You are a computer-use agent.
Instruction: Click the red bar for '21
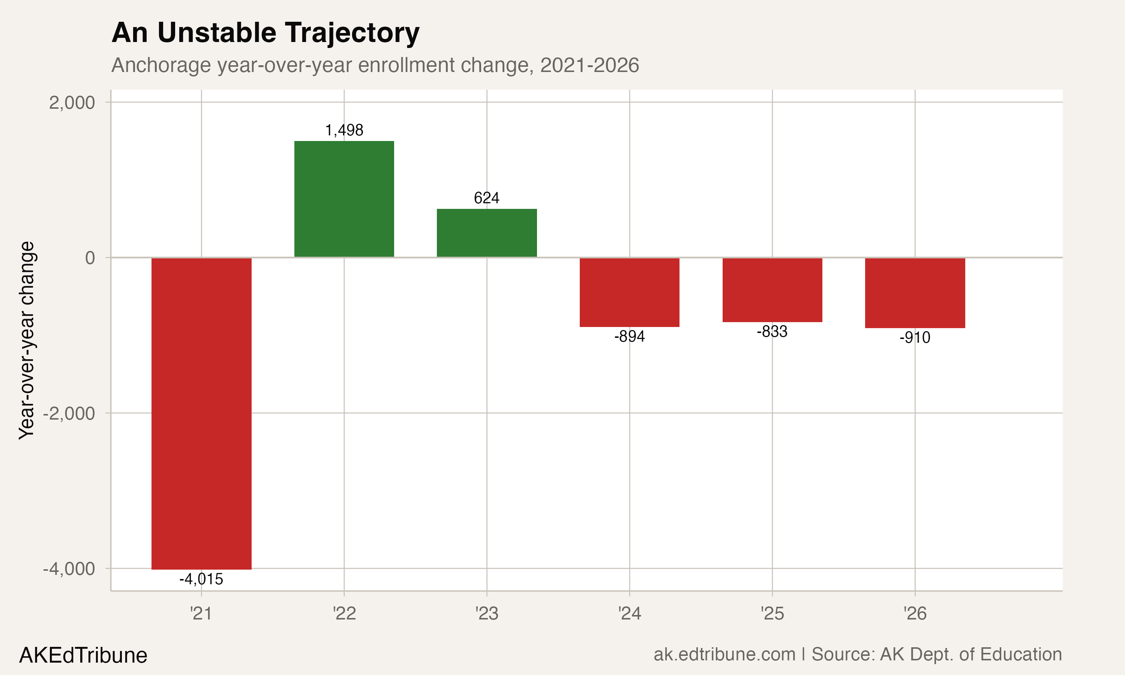pyautogui.click(x=201, y=413)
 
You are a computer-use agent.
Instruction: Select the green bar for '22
pyautogui.click(x=344, y=199)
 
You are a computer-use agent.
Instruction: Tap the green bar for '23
pyautogui.click(x=486, y=233)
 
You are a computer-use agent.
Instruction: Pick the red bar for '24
pyautogui.click(x=629, y=292)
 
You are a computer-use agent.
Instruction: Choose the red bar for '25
pyautogui.click(x=772, y=290)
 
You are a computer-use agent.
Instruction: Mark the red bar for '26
pyautogui.click(x=915, y=292)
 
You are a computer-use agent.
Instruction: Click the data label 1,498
pyautogui.click(x=344, y=130)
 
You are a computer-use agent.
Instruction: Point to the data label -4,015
pyautogui.click(x=201, y=579)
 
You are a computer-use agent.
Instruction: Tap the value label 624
pyautogui.click(x=486, y=198)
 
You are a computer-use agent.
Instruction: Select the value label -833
pyautogui.click(x=772, y=331)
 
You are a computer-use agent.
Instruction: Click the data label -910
pyautogui.click(x=915, y=337)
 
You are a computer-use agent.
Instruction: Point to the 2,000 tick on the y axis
pyautogui.click(x=72, y=103)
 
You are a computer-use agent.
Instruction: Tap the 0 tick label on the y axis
pyautogui.click(x=90, y=258)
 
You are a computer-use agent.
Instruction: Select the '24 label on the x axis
pyautogui.click(x=629, y=613)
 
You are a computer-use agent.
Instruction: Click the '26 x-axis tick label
pyautogui.click(x=915, y=613)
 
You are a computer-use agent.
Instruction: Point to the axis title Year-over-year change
pyautogui.click(x=26, y=340)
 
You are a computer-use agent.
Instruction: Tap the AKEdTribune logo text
pyautogui.click(x=83, y=655)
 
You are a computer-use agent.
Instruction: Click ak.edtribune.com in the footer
pyautogui.click(x=724, y=654)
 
